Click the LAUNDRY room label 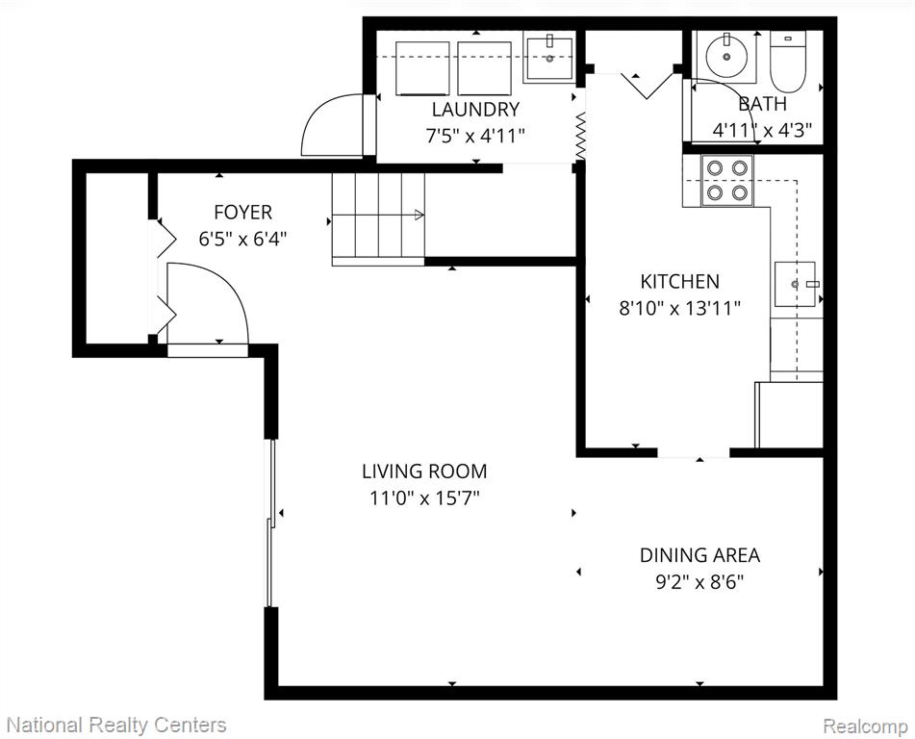475,109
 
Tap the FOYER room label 242,212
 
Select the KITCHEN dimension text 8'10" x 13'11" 680,308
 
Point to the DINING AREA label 699,554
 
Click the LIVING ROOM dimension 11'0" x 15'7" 424,497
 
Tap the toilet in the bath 787,61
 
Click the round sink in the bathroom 726,55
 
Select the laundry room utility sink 548,57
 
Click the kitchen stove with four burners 727,180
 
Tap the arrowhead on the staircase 419,215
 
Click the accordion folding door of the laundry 580,135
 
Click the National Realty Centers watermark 116,725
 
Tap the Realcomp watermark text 865,726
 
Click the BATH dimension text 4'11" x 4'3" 762,130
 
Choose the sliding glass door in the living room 269,523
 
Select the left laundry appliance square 422,68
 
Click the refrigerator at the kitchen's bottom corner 789,415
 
